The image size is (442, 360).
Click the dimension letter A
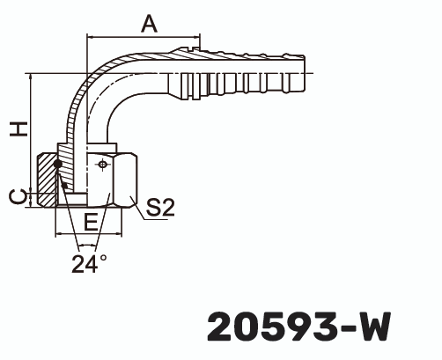149,25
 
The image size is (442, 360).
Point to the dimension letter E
90,220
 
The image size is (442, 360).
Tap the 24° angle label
90,261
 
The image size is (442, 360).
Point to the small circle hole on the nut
104,164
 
